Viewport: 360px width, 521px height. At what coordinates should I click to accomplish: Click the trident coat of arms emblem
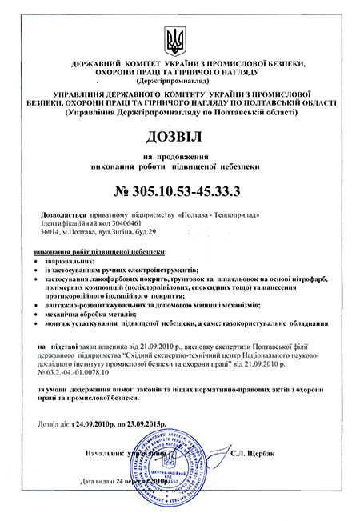tap(179, 38)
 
